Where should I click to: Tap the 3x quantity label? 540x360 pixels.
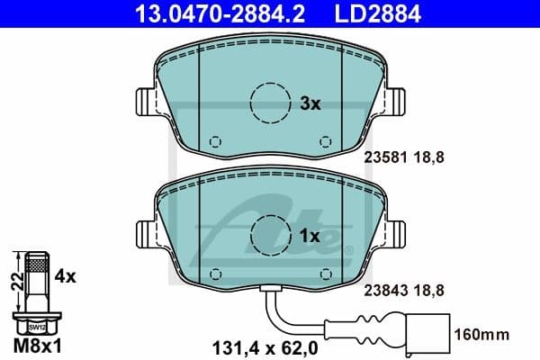click(x=310, y=103)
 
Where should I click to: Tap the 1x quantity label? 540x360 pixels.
click(x=310, y=236)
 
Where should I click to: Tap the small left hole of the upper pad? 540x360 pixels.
click(x=214, y=141)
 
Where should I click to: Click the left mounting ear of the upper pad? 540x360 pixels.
click(x=145, y=100)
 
